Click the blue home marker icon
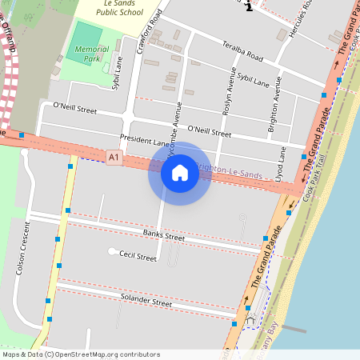(x=179, y=173)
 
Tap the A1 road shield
(x=115, y=159)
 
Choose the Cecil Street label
(x=137, y=257)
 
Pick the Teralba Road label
(x=243, y=52)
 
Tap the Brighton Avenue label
(x=274, y=103)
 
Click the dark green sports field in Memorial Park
(x=86, y=37)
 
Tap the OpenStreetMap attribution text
(x=80, y=354)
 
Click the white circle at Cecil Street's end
(x=111, y=252)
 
